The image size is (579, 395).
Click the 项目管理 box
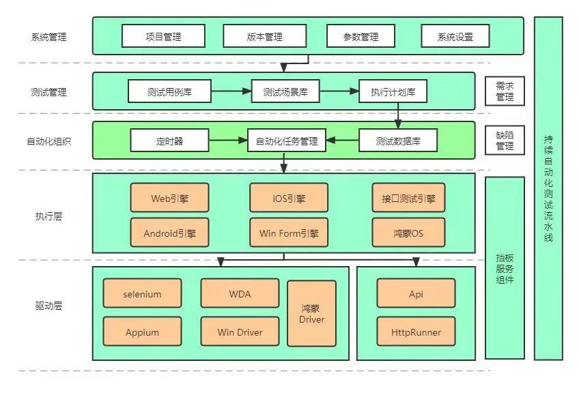[x=163, y=36]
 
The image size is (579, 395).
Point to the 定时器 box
[x=169, y=142]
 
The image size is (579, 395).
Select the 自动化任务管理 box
[x=286, y=142]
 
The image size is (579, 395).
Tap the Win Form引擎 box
[x=289, y=233]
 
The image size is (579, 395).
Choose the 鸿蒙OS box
[x=408, y=233]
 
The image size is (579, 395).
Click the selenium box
[x=143, y=294]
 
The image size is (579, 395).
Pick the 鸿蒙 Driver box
[x=311, y=313]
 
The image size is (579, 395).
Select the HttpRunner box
[x=416, y=333]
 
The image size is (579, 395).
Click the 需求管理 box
[x=505, y=91]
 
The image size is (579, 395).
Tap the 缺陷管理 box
[x=505, y=141]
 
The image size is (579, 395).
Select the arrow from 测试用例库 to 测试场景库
[x=231, y=91]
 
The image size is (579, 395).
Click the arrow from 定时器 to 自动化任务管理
[x=228, y=142]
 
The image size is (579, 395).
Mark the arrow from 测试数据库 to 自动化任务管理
[x=342, y=142]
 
